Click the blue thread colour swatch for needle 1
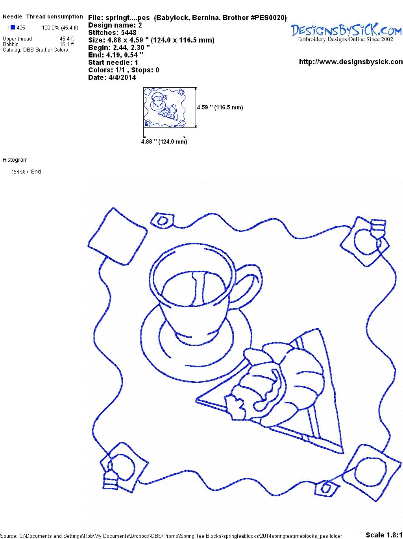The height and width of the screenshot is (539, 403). point(13,27)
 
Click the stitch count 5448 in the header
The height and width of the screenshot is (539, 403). point(129,33)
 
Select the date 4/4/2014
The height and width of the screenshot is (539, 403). point(122,78)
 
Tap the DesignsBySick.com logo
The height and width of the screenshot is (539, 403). point(346,33)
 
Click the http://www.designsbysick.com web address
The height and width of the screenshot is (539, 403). point(351,62)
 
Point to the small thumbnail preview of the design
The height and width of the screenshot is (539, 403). point(165,107)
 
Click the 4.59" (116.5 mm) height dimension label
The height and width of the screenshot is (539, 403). point(220,107)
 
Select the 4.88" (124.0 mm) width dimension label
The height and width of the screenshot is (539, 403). point(164,142)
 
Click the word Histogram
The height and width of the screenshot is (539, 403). point(15,160)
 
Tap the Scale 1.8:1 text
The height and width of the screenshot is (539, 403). point(384,535)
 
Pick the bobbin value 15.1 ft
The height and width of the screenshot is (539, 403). point(67,44)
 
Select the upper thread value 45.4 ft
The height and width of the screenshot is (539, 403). point(67,39)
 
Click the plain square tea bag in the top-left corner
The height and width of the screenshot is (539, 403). point(118,236)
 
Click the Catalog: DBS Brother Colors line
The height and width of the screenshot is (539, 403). point(35,50)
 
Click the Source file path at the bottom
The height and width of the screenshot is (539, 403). point(171,536)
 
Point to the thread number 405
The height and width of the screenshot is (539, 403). point(21,28)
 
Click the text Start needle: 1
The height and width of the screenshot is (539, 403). point(113,63)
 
